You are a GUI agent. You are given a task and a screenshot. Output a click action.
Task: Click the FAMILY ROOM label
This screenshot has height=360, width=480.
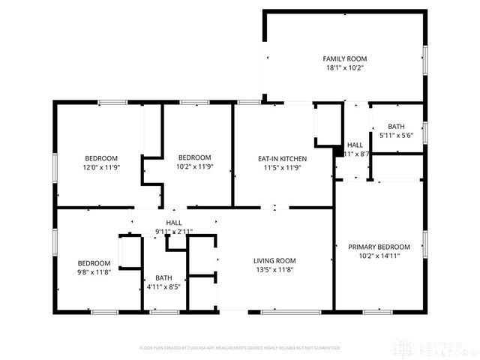pos(344,58)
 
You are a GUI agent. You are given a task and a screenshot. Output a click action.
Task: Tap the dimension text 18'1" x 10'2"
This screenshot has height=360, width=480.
pos(344,67)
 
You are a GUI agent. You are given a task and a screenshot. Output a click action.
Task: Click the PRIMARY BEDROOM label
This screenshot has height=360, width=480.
pos(379,247)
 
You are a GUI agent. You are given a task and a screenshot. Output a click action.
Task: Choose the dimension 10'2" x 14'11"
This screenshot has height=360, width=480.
pos(379,256)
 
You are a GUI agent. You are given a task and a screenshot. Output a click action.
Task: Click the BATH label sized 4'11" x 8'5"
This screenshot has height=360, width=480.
pos(163,277)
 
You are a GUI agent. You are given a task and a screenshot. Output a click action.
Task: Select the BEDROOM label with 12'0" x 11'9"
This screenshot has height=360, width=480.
pos(100,158)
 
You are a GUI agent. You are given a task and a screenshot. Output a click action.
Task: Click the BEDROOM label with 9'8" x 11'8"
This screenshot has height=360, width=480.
pos(94,263)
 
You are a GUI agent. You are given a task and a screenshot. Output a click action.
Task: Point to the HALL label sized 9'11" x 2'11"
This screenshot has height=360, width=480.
pos(174,223)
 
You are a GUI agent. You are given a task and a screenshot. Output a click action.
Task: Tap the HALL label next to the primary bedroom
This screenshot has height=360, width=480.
pos(355,145)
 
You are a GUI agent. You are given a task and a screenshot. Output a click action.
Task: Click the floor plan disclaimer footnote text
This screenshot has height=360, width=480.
pos(239,348)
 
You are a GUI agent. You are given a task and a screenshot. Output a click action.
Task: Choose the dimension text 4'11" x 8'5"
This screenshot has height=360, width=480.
pos(163,286)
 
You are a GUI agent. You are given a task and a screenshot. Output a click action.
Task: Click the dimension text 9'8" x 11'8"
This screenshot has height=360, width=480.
pos(94,272)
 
